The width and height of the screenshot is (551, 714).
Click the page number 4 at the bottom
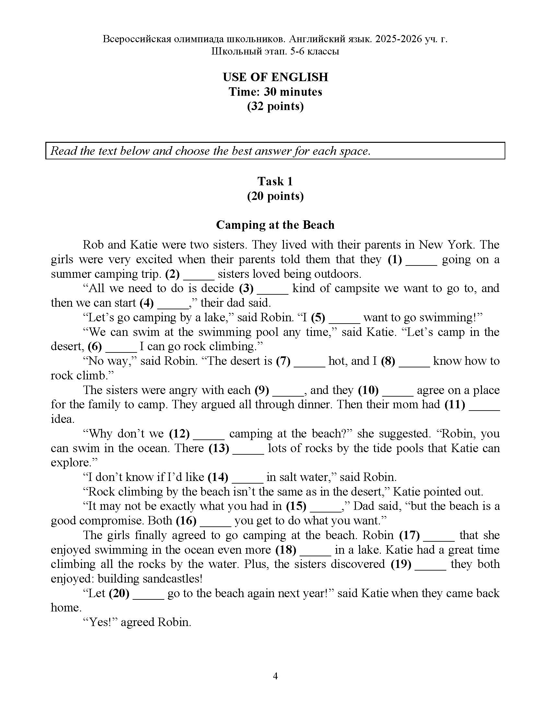pos(275,676)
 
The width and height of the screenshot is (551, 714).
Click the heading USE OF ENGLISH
pos(275,77)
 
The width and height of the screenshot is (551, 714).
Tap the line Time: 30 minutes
pos(275,92)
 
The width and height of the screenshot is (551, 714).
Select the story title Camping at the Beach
pos(275,225)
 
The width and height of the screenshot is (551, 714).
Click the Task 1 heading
pos(275,181)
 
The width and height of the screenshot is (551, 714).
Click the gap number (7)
pos(283,361)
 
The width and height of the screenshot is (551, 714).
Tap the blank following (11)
pos(484,405)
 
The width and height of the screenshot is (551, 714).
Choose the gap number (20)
pos(119,593)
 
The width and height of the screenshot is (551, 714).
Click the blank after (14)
pos(247,477)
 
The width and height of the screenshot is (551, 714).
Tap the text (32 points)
pos(275,106)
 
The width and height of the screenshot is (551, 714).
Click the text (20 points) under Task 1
pos(275,196)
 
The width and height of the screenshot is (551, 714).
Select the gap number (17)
pos(409,535)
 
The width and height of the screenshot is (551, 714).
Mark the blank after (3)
pos(273,289)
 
